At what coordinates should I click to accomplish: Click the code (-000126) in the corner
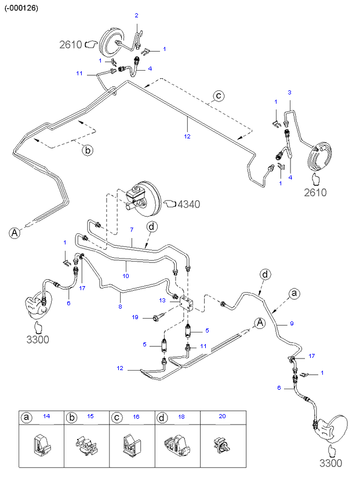click(21, 8)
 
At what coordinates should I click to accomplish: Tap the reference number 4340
click(188, 204)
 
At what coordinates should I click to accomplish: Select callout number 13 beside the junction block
click(162, 301)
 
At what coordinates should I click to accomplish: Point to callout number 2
click(136, 15)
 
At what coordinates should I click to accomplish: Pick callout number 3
click(290, 92)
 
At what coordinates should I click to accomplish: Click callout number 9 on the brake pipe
click(292, 324)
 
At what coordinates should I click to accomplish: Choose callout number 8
click(120, 306)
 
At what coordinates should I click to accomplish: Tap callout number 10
click(126, 276)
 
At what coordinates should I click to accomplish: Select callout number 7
click(132, 229)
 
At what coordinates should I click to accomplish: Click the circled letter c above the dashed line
click(219, 96)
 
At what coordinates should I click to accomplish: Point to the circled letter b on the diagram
click(88, 150)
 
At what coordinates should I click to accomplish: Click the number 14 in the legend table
click(47, 416)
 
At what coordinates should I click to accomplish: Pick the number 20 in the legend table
click(222, 416)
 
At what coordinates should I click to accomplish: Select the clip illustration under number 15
click(86, 444)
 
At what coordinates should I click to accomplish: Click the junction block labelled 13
click(186, 302)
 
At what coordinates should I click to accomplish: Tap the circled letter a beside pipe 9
click(294, 293)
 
